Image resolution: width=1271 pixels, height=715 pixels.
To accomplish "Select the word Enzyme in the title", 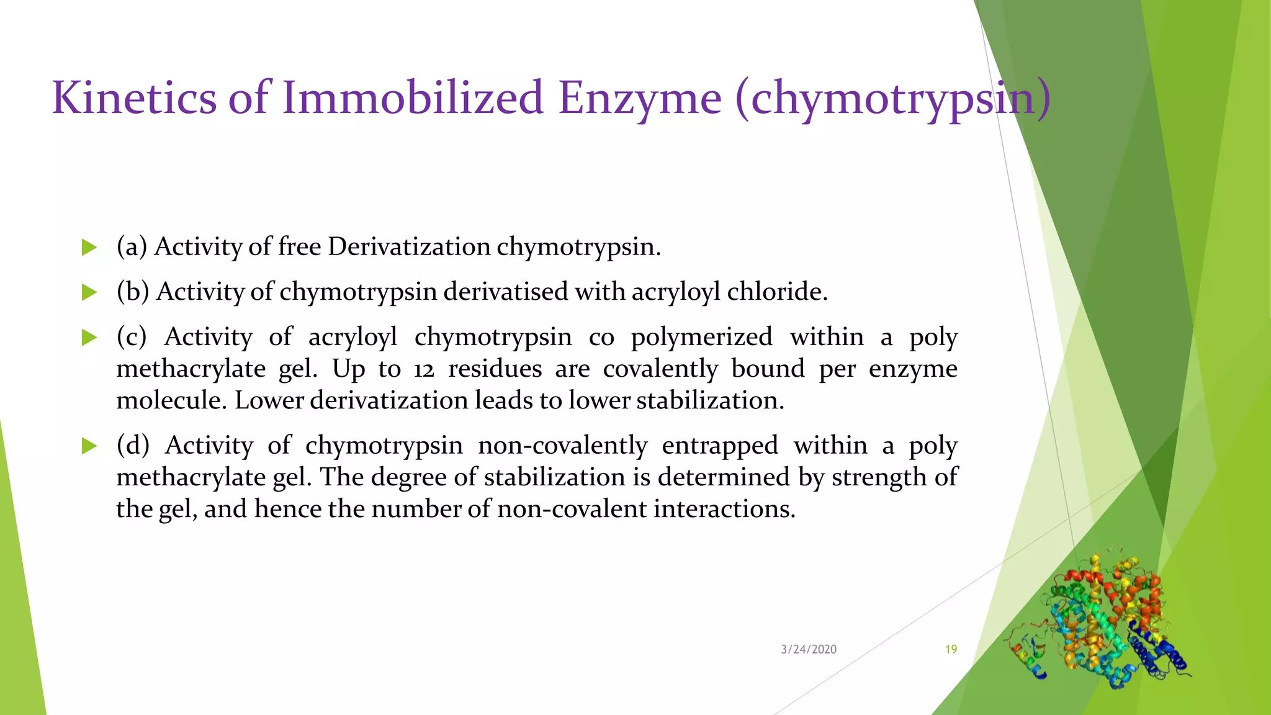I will pyautogui.click(x=639, y=98).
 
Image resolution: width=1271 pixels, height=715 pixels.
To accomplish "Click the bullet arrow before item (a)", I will pyautogui.click(x=89, y=248).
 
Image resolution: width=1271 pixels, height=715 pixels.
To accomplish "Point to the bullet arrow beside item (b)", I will pyautogui.click(x=89, y=292).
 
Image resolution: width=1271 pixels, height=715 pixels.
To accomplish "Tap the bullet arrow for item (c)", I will pyautogui.click(x=89, y=338).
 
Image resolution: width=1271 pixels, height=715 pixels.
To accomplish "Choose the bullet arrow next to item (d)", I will pyautogui.click(x=89, y=446).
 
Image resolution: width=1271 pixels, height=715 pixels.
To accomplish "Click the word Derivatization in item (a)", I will pyautogui.click(x=409, y=247).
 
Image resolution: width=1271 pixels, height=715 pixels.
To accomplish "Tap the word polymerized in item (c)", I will pyautogui.click(x=701, y=337).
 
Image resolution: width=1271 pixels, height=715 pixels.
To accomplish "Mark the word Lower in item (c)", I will pyautogui.click(x=269, y=400).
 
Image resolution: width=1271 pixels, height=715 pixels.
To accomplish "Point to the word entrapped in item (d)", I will pyautogui.click(x=719, y=446).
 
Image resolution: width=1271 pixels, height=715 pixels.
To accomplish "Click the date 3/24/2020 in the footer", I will pyautogui.click(x=809, y=649).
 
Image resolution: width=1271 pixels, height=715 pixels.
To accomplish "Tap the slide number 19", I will pyautogui.click(x=951, y=649).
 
